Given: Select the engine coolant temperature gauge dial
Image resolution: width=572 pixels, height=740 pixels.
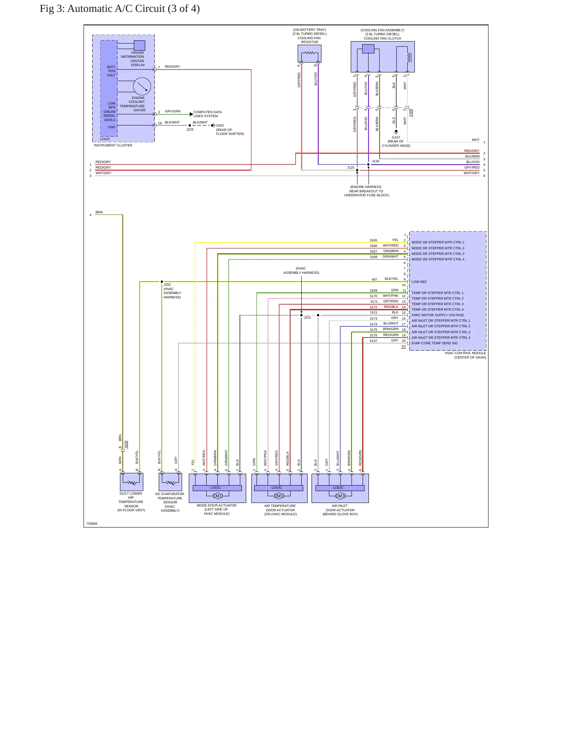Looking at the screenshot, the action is coord(142,86).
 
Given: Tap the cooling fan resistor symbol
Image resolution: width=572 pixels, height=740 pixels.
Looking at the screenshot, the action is coord(310,53).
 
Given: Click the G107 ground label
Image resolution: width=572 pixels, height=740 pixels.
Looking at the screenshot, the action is coord(396,137).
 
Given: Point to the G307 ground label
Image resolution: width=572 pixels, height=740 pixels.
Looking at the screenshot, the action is coord(220,125).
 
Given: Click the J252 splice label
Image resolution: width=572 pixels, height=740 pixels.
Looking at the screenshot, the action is coord(167,285).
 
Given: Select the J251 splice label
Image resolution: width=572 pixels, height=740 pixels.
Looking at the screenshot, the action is coord(307,317).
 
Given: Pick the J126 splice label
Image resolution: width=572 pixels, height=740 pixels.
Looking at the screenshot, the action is coord(375,161).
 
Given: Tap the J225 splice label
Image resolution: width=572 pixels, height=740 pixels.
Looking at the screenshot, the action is coord(190,129).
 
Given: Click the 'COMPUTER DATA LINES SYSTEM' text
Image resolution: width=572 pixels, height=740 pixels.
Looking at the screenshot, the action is coord(207,114).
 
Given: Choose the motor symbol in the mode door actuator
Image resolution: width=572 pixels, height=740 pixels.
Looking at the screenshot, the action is coord(217,496).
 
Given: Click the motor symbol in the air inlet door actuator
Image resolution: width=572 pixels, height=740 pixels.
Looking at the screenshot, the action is coord(340,496).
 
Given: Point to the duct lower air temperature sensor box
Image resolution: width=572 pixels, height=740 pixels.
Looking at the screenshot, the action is coord(131,482).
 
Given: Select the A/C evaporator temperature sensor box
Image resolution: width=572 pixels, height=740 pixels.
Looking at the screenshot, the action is coord(170,482).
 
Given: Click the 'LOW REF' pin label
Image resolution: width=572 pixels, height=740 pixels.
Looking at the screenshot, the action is coord(419,282).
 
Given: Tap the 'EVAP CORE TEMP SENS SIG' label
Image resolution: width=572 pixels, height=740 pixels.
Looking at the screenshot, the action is coord(434,343).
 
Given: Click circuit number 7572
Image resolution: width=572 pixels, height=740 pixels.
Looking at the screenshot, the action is coord(373,313).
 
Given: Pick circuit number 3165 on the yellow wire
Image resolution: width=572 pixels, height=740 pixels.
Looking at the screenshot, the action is coord(373,240).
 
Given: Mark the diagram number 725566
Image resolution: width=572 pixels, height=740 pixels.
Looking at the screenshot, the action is coord(91,524).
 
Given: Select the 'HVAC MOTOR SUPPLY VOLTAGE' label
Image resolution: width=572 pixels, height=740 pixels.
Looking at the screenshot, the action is coord(437,315).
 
